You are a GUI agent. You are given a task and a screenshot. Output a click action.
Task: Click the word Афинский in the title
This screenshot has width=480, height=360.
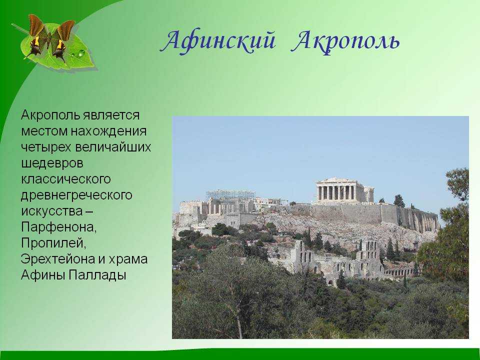point(217,41)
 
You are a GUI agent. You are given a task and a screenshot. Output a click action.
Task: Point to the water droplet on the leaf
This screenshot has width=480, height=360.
point(81,53)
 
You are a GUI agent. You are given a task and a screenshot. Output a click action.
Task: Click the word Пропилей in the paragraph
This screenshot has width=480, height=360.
point(54,243)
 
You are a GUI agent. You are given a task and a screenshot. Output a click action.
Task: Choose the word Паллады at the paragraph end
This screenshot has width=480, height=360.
point(97,275)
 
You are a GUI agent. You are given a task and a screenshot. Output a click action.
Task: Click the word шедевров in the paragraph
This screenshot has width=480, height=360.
point(52,163)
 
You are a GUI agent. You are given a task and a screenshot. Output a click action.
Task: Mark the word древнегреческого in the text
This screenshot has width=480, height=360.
point(76,195)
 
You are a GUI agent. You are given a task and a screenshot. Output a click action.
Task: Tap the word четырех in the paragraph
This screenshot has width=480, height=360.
point(46,147)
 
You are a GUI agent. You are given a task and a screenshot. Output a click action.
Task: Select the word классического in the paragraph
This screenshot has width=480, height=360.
point(65,179)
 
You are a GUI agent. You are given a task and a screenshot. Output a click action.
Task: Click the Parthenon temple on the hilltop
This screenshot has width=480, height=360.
point(345,190)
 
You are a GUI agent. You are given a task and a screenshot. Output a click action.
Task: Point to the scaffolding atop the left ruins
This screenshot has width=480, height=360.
point(231,194)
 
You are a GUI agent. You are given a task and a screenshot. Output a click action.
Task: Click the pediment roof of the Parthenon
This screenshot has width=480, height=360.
point(336,180)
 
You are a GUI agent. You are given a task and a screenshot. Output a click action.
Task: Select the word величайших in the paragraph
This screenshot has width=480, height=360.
point(113,147)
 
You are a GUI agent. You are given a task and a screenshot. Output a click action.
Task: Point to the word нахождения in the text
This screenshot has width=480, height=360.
point(108,131)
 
